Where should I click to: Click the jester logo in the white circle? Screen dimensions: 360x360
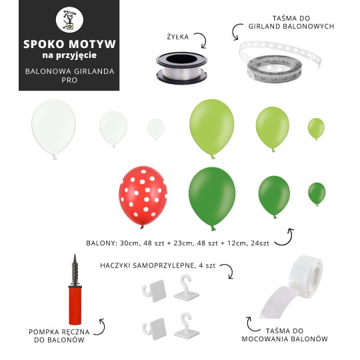(69, 20)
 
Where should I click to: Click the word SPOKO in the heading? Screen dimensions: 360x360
(44, 44)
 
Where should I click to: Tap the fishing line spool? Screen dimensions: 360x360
(181, 68)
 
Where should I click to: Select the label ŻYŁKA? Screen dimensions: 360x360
(178, 37)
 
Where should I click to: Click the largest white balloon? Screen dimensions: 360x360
(54, 128)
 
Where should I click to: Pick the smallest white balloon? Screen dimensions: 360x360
(155, 129)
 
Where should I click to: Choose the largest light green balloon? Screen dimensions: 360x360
(212, 127)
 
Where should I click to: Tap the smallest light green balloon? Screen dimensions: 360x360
(316, 129)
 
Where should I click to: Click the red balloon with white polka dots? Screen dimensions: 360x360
(143, 196)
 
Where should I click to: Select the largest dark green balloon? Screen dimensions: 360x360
(212, 197)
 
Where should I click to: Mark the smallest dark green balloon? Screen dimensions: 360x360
(317, 193)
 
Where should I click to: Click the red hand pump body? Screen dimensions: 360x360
(75, 305)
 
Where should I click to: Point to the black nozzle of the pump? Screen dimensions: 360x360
(75, 269)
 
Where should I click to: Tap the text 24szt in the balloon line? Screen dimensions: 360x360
(260, 243)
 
